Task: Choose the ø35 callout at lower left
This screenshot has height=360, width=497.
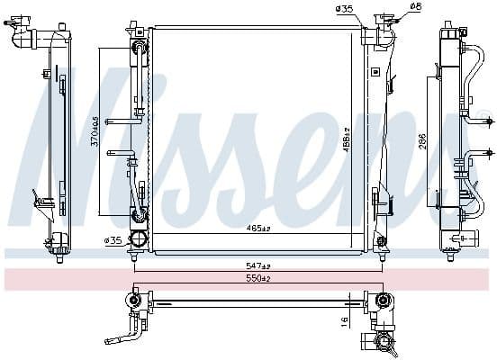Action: pyautogui.click(x=113, y=240)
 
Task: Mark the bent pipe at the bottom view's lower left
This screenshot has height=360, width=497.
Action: pyautogui.click(x=122, y=338)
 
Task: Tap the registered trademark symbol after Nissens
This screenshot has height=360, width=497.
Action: pyautogui.click(x=483, y=114)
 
